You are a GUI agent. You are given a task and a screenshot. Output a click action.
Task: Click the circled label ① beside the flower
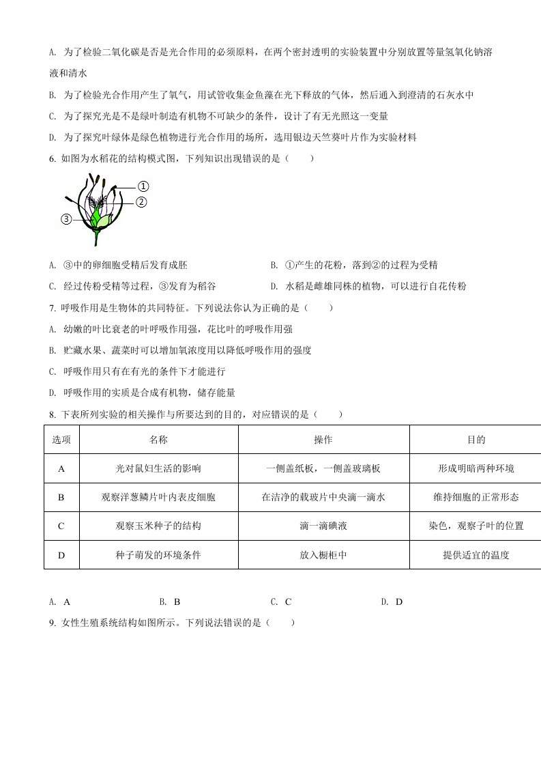tap(143, 186)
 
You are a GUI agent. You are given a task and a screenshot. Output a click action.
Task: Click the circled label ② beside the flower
tap(141, 201)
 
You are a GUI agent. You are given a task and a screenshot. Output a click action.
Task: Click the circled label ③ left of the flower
tap(66, 219)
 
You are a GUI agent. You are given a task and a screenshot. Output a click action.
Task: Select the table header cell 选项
tap(61, 440)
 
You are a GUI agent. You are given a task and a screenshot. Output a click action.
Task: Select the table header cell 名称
tap(158, 440)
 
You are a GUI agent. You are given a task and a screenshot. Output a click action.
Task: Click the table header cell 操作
tap(323, 440)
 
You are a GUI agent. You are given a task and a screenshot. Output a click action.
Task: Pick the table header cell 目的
tap(476, 440)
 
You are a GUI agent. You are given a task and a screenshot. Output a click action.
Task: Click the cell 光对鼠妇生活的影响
tap(158, 469)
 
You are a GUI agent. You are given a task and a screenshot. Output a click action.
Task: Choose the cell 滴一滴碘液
tap(323, 526)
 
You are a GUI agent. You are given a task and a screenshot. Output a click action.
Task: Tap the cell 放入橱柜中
tap(323, 555)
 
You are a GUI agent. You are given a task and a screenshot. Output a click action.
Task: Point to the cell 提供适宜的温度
tap(476, 555)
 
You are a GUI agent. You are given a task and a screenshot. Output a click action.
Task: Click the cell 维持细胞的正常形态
tap(476, 498)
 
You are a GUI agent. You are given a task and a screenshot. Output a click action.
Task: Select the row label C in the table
tap(61, 526)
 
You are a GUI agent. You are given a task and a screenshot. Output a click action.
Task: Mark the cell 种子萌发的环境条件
tap(158, 555)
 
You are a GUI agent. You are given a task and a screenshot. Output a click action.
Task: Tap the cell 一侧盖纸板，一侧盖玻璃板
tap(323, 469)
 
